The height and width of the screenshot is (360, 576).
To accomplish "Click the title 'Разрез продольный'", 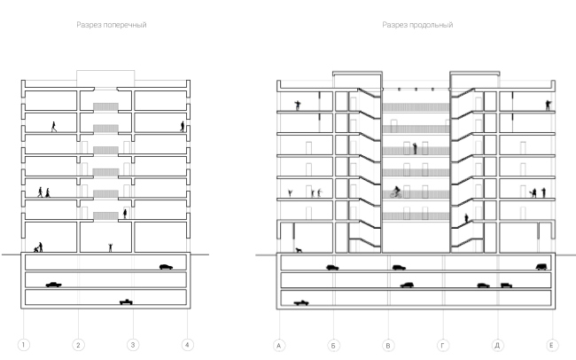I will click(417, 25).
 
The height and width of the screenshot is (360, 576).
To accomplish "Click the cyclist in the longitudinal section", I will click(397, 191).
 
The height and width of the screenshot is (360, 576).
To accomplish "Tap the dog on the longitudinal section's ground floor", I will click(298, 250).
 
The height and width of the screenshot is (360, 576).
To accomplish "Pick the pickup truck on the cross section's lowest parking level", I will click(130, 301).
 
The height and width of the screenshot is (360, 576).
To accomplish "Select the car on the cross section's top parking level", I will click(166, 266).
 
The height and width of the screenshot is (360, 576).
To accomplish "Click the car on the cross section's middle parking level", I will click(54, 285).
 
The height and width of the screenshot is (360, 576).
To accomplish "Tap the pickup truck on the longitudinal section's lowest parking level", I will click(302, 301).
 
